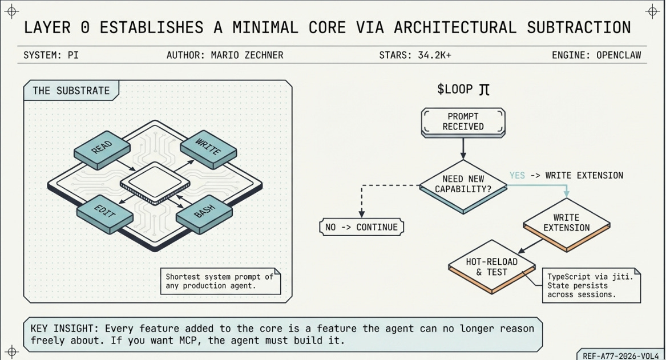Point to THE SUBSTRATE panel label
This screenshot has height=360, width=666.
71,91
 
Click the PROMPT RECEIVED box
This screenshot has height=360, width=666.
463,122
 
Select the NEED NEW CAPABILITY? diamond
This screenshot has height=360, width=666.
463,184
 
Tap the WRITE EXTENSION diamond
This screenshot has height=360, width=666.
566,223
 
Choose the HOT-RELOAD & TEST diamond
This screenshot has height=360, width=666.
491,267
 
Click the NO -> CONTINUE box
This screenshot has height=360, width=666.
361,227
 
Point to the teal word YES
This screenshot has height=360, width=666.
517,175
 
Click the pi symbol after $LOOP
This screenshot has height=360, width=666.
484,90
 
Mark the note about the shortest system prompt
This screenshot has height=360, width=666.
220,281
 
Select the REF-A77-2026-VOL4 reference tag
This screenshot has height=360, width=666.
621,354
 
